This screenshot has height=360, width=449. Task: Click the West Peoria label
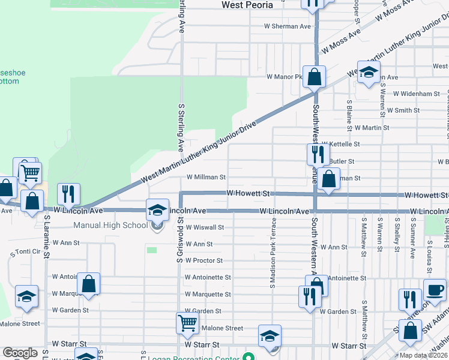click(247, 5)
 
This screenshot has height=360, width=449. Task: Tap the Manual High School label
click(110, 226)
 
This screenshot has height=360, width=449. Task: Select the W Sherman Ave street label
click(288, 26)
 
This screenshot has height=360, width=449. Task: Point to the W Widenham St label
click(417, 94)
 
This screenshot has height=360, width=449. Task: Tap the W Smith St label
click(403, 111)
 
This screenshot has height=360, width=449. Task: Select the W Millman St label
click(206, 178)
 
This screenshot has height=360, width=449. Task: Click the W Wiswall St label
click(205, 228)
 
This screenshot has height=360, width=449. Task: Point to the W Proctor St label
click(204, 261)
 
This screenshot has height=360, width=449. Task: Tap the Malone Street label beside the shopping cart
click(222, 328)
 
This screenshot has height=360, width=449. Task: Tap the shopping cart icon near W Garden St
click(187, 323)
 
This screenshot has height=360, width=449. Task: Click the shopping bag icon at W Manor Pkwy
click(314, 76)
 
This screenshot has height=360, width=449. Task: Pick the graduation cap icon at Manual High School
click(158, 210)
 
